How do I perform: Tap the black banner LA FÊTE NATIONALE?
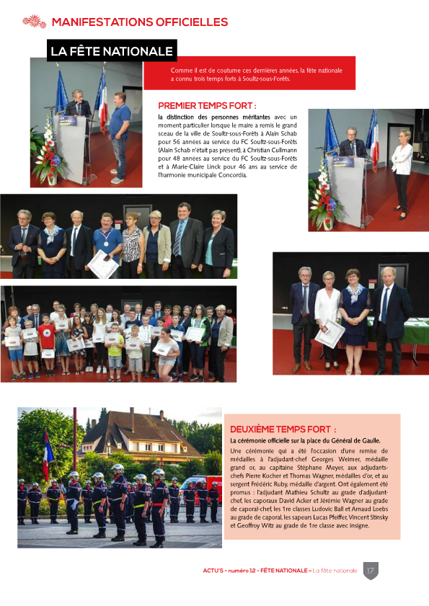click(112, 51)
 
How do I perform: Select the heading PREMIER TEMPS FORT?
click(207, 105)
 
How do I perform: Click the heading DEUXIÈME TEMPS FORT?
click(283, 429)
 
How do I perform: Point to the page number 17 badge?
click(371, 570)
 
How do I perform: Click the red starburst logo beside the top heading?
click(34, 21)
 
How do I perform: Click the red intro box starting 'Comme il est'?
click(249, 73)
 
